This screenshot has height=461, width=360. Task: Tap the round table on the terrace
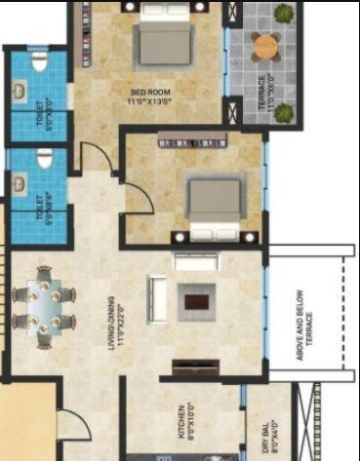pos(265,45)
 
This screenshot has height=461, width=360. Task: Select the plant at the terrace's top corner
pos(283,14)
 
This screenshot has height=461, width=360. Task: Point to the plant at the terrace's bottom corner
pos(284,114)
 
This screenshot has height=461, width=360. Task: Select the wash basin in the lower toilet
pos(20,182)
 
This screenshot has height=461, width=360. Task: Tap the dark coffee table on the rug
pos(196,301)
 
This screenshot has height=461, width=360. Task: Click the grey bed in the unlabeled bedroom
pos(215,205)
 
